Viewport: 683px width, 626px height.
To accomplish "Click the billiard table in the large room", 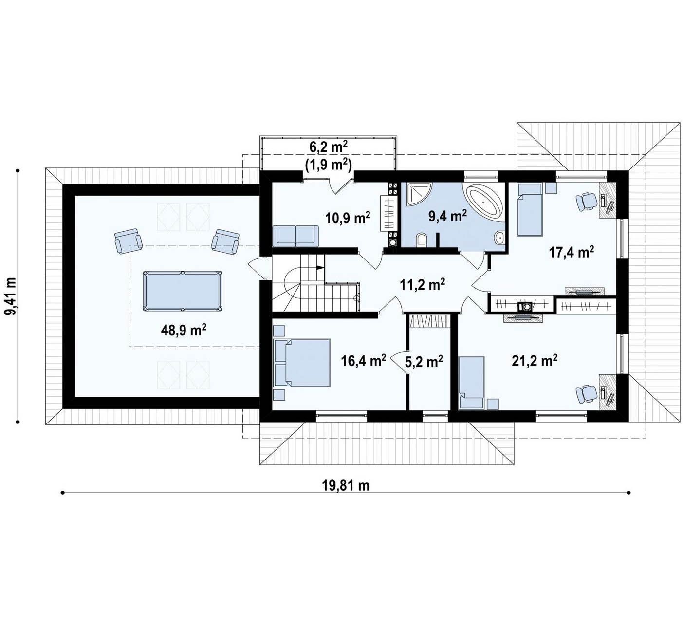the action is [x=183, y=291].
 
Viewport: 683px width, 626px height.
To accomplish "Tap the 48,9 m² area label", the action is [x=184, y=330].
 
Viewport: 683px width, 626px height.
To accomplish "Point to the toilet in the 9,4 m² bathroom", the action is [x=422, y=239].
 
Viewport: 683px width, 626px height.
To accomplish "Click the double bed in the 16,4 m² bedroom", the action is [x=302, y=363].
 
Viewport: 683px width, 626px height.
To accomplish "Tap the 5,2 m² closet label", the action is [x=424, y=362].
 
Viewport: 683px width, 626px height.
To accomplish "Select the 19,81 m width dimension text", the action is [x=346, y=486].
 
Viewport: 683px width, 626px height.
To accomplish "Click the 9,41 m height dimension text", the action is [x=12, y=296].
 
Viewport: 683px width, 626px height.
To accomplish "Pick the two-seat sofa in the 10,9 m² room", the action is [x=295, y=236].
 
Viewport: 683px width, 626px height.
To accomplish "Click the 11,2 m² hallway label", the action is [x=422, y=284].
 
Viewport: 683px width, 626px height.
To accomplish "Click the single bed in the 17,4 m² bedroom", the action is [x=530, y=210].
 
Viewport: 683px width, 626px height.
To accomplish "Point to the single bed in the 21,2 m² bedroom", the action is [x=472, y=383].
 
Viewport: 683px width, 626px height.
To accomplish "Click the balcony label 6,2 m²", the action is [x=328, y=147].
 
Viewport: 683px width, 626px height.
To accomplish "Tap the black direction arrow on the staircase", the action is [x=320, y=267].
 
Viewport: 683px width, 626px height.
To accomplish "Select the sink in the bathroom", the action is [x=499, y=238].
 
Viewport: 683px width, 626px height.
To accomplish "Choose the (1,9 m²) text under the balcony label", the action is [x=328, y=165].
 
